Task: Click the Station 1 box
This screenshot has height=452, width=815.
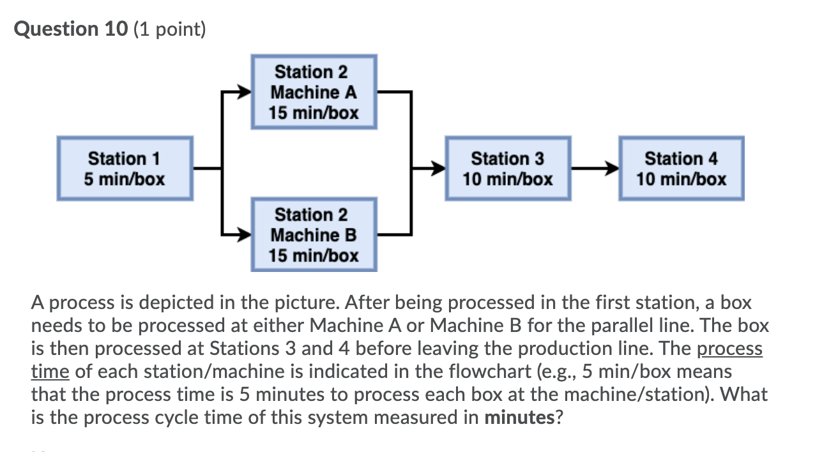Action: click(125, 168)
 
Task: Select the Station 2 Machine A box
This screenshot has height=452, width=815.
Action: click(314, 92)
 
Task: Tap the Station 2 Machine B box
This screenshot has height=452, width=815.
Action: click(314, 235)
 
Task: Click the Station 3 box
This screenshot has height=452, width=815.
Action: click(508, 168)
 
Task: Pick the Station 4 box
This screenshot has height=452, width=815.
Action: click(681, 168)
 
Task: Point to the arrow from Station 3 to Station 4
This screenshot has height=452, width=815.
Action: click(595, 169)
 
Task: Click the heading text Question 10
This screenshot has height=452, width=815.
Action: click(71, 29)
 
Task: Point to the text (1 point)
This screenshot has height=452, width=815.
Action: click(170, 29)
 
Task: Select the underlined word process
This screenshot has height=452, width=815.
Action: click(729, 349)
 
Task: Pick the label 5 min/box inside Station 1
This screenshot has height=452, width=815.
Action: click(125, 179)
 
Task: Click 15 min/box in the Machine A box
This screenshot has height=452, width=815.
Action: click(314, 113)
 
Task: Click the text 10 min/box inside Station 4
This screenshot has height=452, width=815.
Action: click(681, 179)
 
